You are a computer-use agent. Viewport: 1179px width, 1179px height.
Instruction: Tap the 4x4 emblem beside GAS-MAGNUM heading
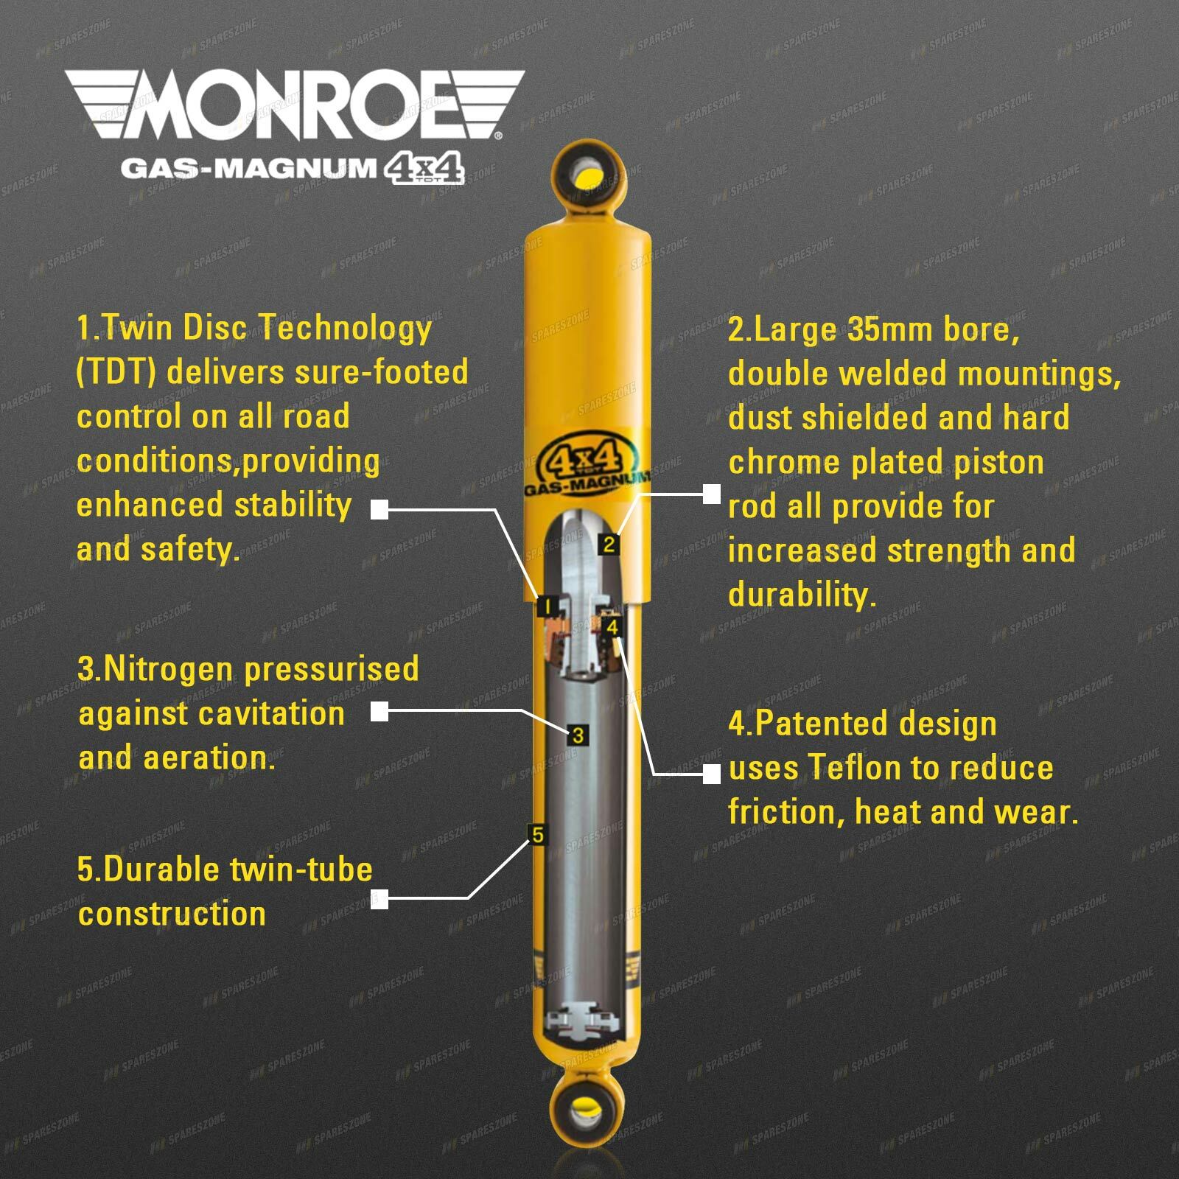coord(424,169)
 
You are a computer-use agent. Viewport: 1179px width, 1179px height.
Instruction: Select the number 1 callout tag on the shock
coord(547,607)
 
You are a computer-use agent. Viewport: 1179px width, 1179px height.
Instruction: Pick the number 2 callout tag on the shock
coord(609,545)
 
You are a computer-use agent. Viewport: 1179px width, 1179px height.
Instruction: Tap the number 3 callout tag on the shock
coord(578,735)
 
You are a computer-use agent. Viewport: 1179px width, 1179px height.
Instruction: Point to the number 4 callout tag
coord(613,628)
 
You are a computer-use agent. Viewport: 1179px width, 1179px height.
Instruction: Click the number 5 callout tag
coord(538,835)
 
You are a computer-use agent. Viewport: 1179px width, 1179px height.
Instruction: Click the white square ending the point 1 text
coord(379,509)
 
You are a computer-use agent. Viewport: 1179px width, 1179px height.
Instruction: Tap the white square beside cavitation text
coord(379,712)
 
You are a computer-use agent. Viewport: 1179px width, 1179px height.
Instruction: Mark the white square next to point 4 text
coord(711,774)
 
